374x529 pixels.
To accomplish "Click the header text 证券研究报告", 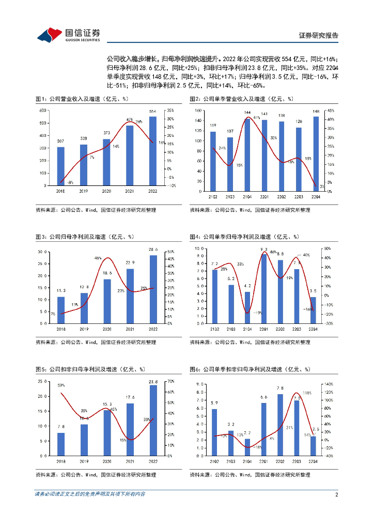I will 319,36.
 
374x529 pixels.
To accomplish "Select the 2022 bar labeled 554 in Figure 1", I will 152,151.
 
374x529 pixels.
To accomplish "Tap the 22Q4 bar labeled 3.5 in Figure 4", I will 313,310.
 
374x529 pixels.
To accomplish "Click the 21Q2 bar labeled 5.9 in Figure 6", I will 214,432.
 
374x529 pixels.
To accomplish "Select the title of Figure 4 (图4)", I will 244,237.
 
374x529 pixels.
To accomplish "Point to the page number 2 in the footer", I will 336,494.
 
